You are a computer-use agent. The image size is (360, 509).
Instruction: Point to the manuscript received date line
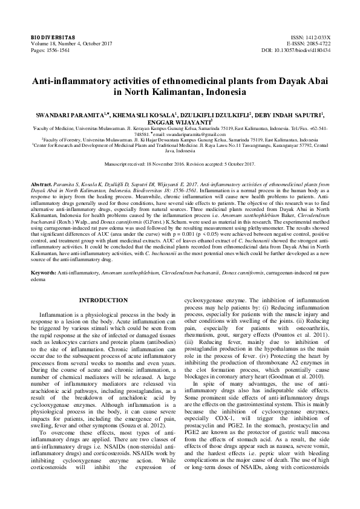pyautogui.click(x=180, y=164)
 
